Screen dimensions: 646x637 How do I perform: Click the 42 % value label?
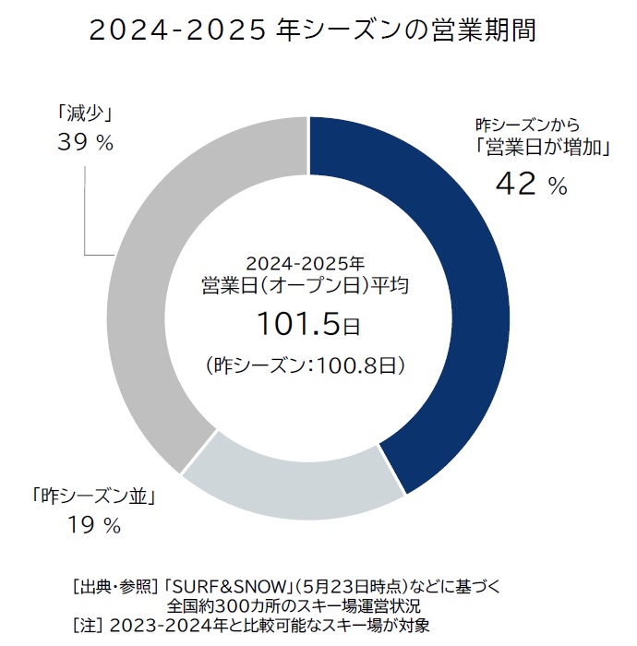pyautogui.click(x=531, y=185)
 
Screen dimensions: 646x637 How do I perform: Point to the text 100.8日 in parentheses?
pyautogui.click(x=361, y=366)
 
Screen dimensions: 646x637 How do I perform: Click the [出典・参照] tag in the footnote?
pyautogui.click(x=114, y=588)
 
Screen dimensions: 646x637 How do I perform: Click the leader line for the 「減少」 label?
pyautogui.click(x=85, y=212)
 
